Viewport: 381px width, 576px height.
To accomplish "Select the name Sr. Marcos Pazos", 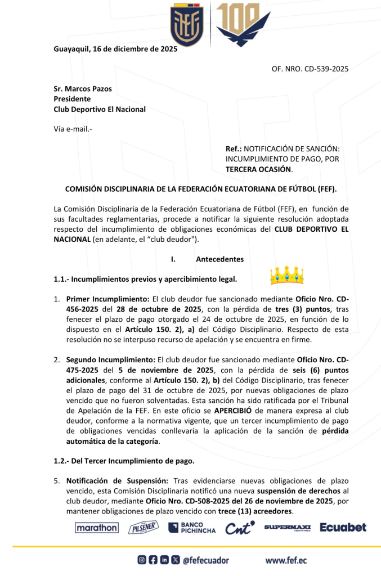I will [x=83, y=89].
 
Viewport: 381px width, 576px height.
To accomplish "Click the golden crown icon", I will [x=286, y=275].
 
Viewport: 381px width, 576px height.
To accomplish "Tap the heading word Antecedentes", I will [x=219, y=259].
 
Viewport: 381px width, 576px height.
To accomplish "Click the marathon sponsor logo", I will [x=96, y=528].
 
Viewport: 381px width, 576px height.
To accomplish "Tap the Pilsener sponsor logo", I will [x=144, y=528].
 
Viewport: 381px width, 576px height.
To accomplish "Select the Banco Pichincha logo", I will [x=192, y=528].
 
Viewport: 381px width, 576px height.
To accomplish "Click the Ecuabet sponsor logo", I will [x=343, y=528].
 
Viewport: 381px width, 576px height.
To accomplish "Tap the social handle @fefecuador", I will [x=206, y=560].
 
